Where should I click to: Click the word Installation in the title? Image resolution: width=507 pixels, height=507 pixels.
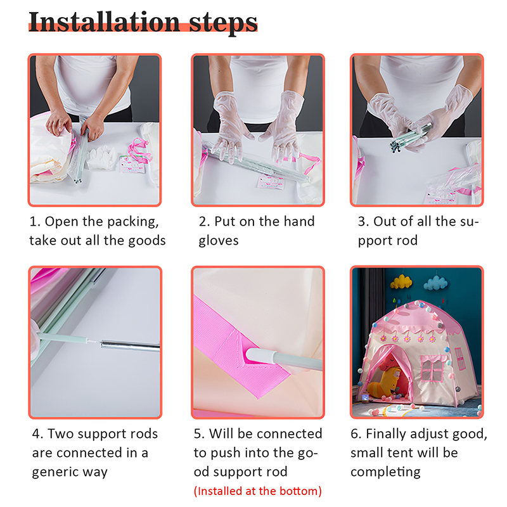point(104,22)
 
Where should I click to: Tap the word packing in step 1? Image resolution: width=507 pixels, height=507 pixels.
point(133,222)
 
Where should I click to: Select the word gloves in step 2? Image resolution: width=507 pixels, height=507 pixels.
point(219,241)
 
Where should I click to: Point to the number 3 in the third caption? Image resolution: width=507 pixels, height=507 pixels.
point(361,222)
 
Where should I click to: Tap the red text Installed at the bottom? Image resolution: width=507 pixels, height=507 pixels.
point(258,491)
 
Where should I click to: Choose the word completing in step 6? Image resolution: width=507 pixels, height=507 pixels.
point(385,472)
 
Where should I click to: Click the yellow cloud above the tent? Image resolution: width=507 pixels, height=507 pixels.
point(401,282)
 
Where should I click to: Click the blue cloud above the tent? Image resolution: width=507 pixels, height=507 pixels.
point(435,283)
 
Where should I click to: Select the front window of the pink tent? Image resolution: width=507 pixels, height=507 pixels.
point(432,368)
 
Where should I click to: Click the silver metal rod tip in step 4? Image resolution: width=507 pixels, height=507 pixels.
point(129,345)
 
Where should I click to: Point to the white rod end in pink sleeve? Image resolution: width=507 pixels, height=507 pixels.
point(262,356)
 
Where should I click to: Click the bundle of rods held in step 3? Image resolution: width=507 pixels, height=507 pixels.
point(409,137)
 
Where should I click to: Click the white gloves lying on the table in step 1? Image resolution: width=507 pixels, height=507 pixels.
point(101,157)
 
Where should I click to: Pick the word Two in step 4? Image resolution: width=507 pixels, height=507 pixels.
point(58,434)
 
